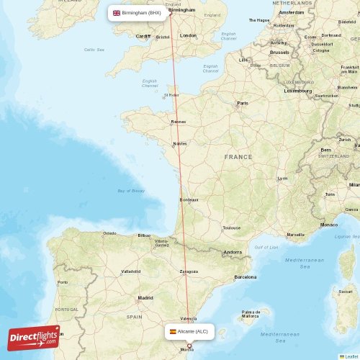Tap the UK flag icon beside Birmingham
click(117, 12)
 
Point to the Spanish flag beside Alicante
click(173, 331)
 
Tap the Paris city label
click(243, 103)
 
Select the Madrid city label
click(145, 297)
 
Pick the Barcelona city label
click(246, 276)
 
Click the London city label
click(188, 35)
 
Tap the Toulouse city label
click(231, 228)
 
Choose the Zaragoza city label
click(189, 272)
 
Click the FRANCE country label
click(238, 156)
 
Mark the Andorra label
click(233, 252)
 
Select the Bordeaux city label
click(189, 199)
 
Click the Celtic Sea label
click(94, 50)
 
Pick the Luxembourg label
click(298, 91)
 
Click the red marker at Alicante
click(189, 346)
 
